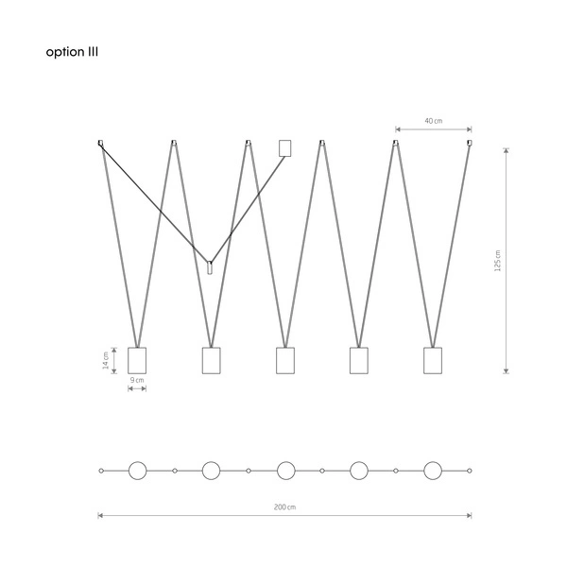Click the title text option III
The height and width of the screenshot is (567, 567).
(x=72, y=52)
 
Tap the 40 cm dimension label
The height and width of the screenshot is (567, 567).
(x=433, y=121)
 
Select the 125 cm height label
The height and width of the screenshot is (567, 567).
(x=498, y=261)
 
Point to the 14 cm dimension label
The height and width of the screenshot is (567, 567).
(x=106, y=360)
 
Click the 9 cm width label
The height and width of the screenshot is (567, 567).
(x=137, y=380)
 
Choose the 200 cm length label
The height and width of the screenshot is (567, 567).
(x=284, y=507)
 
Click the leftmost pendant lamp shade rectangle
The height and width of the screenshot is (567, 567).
(x=137, y=361)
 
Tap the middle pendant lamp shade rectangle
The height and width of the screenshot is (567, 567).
(x=285, y=361)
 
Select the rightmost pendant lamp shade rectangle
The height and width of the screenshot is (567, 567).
(x=433, y=361)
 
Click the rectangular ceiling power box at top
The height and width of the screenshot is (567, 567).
(x=285, y=148)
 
